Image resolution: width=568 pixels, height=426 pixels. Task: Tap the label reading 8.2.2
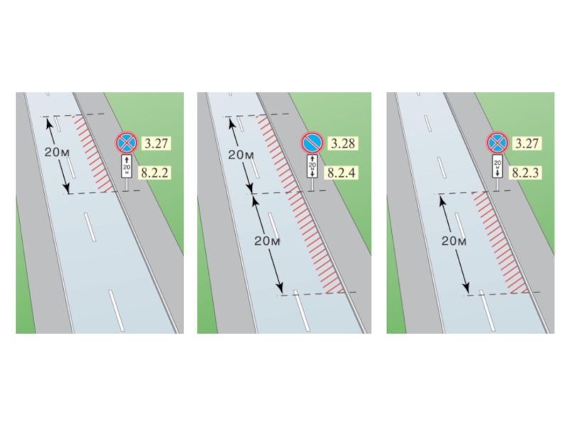click(x=156, y=172)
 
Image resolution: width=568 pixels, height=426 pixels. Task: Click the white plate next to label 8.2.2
click(x=126, y=167)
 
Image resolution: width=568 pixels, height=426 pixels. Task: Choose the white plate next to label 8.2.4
click(x=311, y=167)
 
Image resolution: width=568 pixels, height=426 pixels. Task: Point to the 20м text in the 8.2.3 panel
click(x=454, y=241)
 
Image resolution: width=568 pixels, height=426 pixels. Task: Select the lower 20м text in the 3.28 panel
click(x=268, y=241)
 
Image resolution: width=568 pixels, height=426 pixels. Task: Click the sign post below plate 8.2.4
click(x=312, y=185)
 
